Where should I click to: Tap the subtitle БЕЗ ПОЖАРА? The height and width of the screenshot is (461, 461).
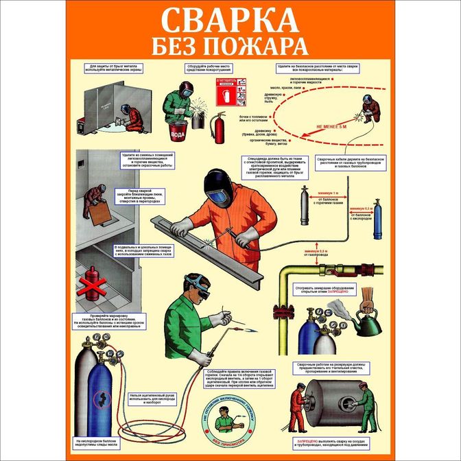pos(230,47)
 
